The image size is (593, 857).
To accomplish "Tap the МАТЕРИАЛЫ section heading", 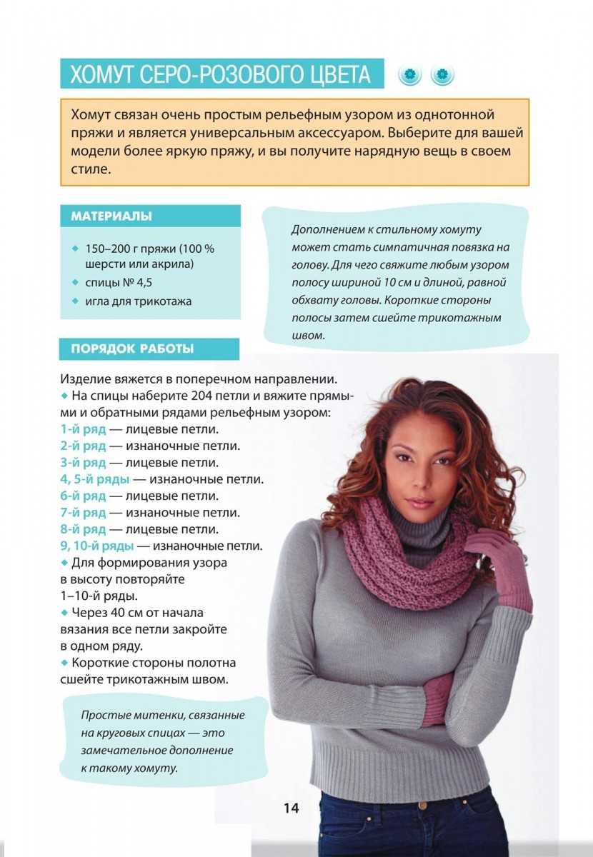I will pyautogui.click(x=111, y=216).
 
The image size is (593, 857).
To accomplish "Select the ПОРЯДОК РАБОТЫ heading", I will pyautogui.click(x=132, y=349).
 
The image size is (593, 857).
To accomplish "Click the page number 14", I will pyautogui.click(x=291, y=808).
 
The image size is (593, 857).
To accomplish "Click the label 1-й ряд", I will pyautogui.click(x=83, y=429).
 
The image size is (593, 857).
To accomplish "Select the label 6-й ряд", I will pyautogui.click(x=83, y=496).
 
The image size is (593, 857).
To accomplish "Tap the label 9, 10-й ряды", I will pyautogui.click(x=97, y=546).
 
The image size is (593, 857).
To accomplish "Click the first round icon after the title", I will pyautogui.click(x=410, y=74).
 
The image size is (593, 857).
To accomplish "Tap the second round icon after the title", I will pyautogui.click(x=443, y=74).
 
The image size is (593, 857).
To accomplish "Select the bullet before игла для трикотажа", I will pyautogui.click(x=75, y=301).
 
